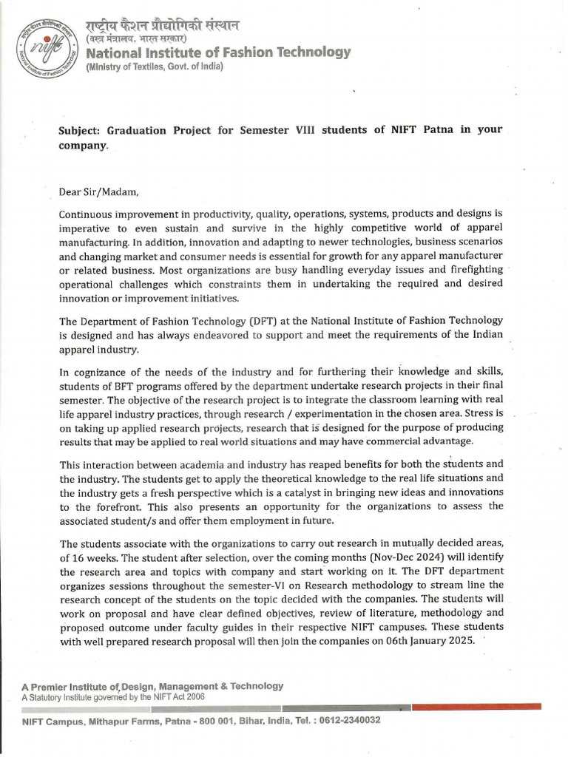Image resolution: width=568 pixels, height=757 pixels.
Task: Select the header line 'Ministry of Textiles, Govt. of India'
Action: [155, 67]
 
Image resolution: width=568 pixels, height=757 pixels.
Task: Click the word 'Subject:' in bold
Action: [80, 129]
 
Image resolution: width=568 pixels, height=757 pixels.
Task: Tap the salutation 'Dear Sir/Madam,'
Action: [98, 193]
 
